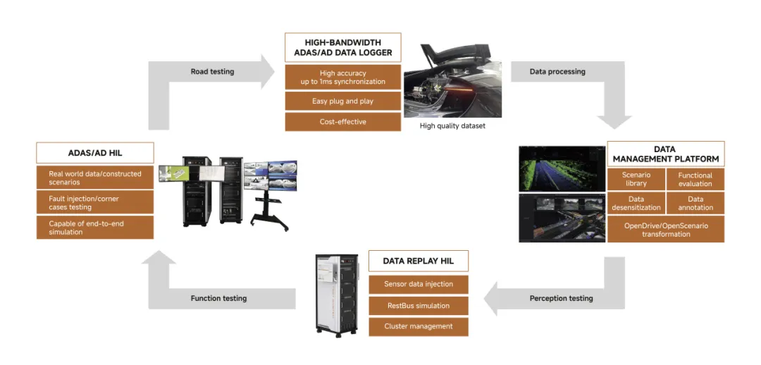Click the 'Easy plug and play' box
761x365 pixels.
coord(342,101)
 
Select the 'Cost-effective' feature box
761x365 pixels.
coord(342,122)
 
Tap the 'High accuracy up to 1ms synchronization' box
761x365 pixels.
coord(342,78)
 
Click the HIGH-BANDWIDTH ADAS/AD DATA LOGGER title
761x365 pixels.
coord(342,47)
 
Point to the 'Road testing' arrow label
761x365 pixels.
coord(212,72)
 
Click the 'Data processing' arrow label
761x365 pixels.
coord(557,72)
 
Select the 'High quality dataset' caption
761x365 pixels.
coord(452,126)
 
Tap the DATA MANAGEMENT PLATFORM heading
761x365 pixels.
coord(666,154)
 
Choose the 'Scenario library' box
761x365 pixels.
coord(636,180)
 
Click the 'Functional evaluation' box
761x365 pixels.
coord(695,180)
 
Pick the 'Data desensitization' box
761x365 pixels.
coord(636,204)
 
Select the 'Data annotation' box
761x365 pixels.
coord(695,204)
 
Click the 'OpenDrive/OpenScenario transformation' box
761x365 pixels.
coord(666,230)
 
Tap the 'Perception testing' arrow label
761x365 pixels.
coord(561,299)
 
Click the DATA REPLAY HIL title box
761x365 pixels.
coord(419,261)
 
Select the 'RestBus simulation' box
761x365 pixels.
coord(419,306)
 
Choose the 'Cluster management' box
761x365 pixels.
coord(419,327)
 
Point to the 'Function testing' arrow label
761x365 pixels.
coord(218,299)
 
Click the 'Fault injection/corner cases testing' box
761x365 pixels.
coord(95,204)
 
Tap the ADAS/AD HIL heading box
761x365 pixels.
coord(95,154)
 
